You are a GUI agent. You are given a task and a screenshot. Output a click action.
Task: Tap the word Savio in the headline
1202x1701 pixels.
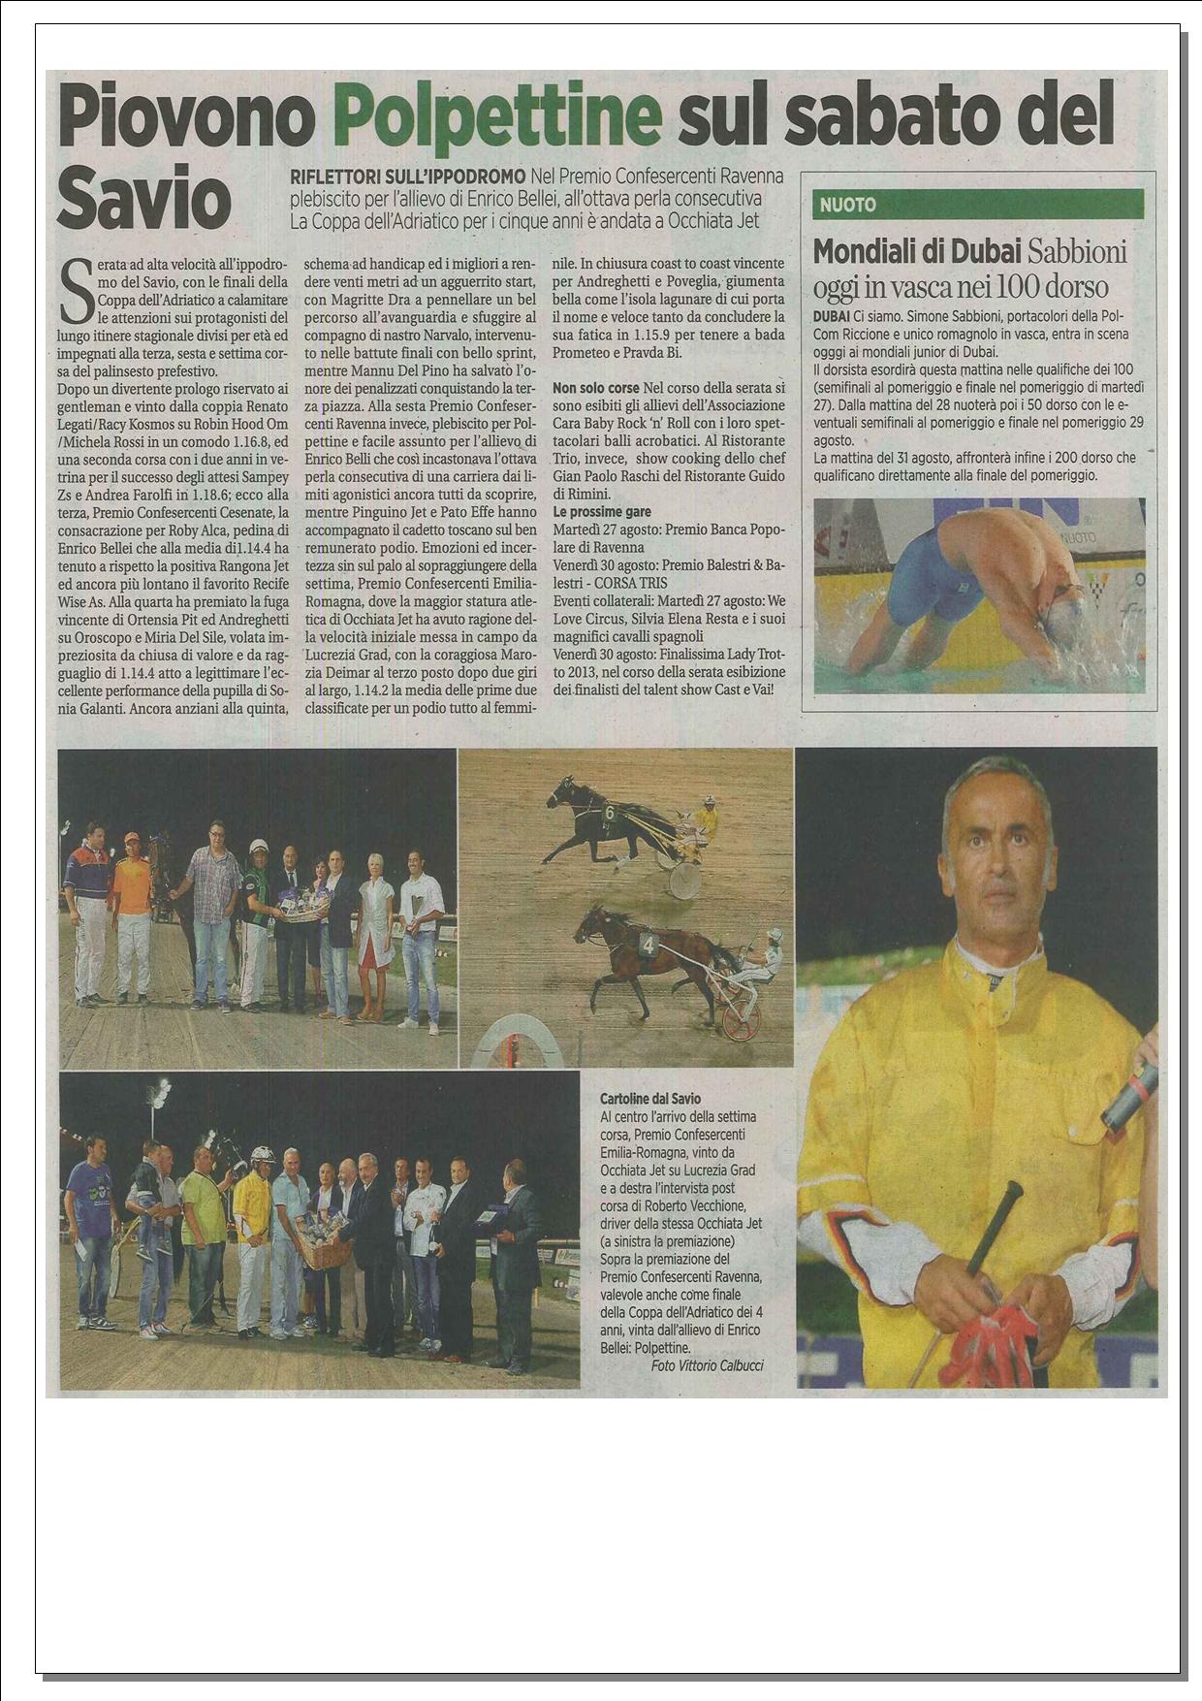142,198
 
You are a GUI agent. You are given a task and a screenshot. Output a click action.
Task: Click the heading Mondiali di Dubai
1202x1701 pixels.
918,251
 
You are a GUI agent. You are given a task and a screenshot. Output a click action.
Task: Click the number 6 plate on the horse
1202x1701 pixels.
609,812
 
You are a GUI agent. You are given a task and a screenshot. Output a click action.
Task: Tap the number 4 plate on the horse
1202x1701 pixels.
648,941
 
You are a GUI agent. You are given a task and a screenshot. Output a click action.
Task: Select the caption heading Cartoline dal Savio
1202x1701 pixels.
650,1100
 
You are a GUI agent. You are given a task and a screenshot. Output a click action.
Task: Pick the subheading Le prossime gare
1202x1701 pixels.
602,511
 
